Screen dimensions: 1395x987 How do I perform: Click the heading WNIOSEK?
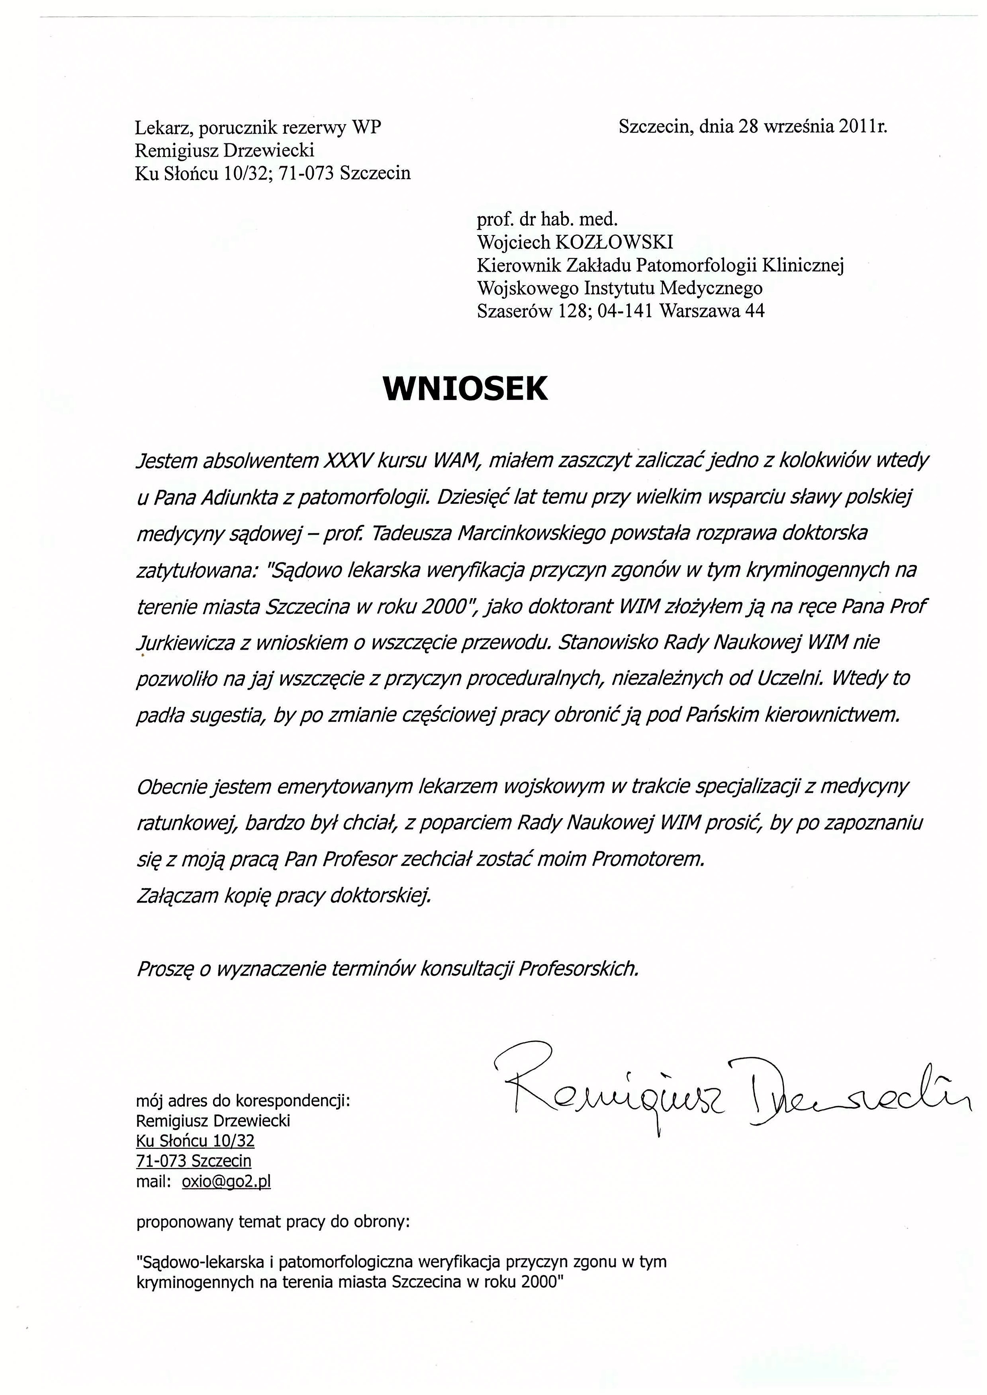coord(466,389)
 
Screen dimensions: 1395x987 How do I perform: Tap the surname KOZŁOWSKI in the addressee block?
coord(614,243)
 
